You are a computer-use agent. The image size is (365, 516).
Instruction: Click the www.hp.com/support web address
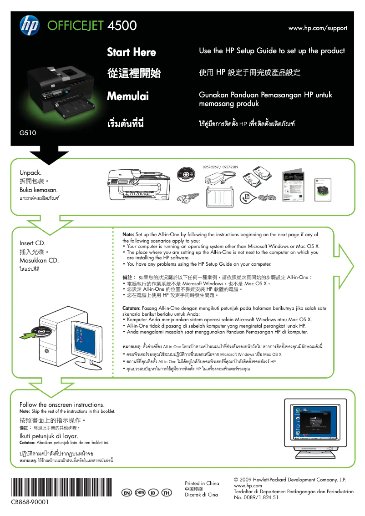coord(318,28)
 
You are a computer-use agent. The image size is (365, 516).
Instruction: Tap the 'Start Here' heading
coord(132,52)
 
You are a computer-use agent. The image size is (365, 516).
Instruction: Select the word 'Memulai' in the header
coord(128,96)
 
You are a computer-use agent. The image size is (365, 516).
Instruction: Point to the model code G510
coord(27,133)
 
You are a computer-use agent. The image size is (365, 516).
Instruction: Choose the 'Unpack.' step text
coord(30,172)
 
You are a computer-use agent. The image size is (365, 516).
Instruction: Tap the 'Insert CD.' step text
coord(32,243)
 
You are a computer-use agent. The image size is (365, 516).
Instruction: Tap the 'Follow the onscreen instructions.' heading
coord(62,405)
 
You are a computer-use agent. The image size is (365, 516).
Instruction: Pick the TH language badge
coord(167,493)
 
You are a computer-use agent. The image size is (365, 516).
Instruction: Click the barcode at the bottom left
coord(61,487)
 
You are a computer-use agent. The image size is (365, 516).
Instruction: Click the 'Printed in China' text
coord(202,483)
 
